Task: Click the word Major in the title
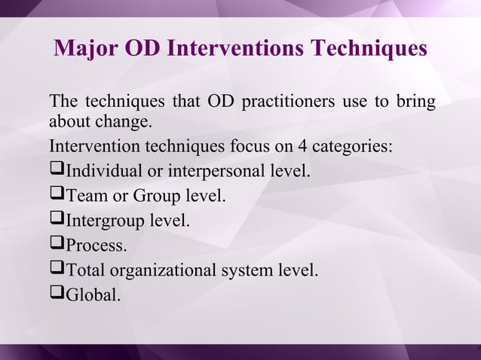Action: pos(83,48)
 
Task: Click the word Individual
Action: pos(103,171)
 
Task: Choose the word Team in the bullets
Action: pos(86,196)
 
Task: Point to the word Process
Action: pos(95,245)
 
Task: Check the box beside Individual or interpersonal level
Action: pos(57,170)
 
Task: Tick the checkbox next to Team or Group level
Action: pos(57,195)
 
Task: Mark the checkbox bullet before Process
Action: pos(57,244)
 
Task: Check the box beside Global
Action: pos(57,294)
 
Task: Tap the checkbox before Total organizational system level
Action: pos(57,269)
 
